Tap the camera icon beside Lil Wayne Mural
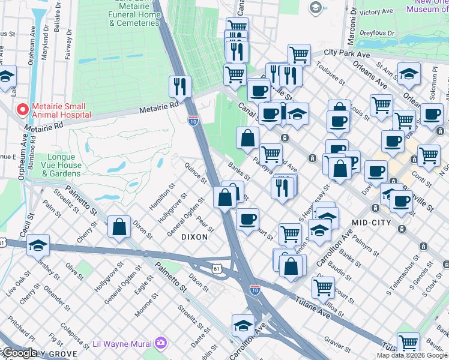click(160, 344)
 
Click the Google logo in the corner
click(19, 353)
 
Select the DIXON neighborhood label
click(194, 237)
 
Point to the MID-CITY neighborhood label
click(372, 223)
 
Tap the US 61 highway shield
click(219, 271)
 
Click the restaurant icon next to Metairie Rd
click(180, 86)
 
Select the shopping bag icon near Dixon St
click(119, 226)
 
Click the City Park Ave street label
click(346, 53)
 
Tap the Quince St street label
click(196, 173)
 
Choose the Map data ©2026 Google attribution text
click(412, 355)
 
